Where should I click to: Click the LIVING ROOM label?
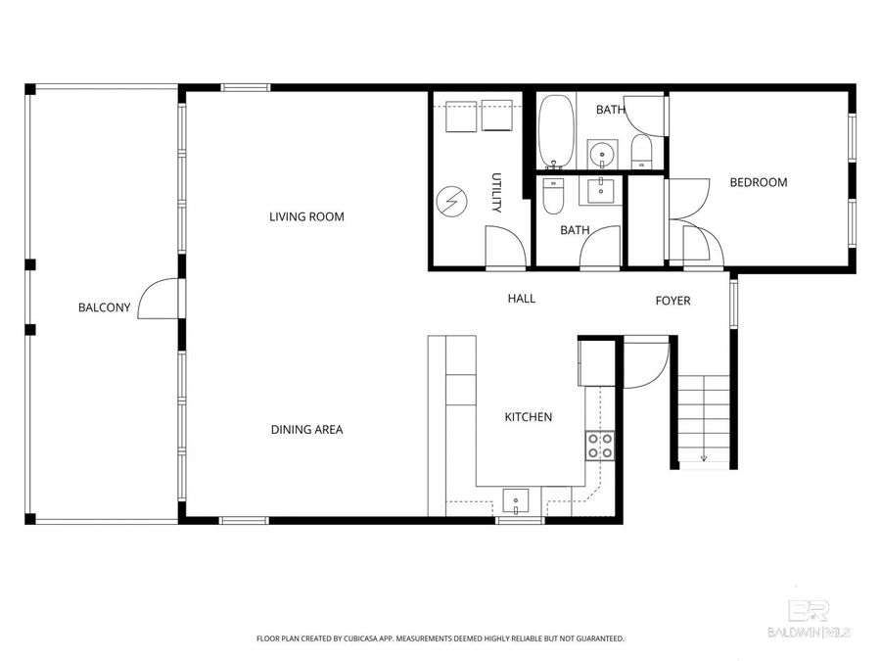coord(306,216)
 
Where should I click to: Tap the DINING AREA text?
coord(306,429)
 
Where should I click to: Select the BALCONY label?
coord(104,307)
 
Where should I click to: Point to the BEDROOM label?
coord(758,182)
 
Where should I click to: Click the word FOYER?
coord(672,301)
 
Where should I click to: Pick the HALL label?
coord(521,299)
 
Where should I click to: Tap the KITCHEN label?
coord(528,417)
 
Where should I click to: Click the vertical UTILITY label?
coord(496,193)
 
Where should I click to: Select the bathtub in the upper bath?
coord(556,132)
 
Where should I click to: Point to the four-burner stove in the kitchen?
coord(599,447)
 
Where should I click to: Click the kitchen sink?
coord(515,501)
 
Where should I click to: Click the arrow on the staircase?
coord(704,455)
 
